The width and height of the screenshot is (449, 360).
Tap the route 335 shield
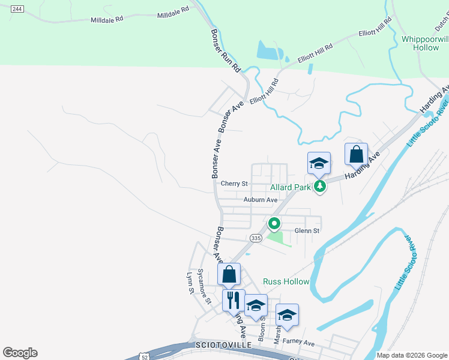click(x=256, y=238)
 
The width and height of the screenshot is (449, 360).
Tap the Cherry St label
click(x=234, y=184)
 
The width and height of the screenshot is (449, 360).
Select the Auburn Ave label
click(x=261, y=199)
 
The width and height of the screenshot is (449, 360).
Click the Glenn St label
click(x=307, y=230)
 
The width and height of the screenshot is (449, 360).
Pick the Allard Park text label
click(x=290, y=187)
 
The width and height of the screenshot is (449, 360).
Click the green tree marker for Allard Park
click(x=321, y=187)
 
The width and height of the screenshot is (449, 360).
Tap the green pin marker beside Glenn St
click(x=274, y=224)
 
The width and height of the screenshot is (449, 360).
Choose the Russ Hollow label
click(x=286, y=281)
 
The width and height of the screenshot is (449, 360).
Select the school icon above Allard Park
click(x=319, y=163)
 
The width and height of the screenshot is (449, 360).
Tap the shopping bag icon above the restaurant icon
click(x=229, y=275)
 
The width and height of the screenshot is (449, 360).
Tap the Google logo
click(x=20, y=353)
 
